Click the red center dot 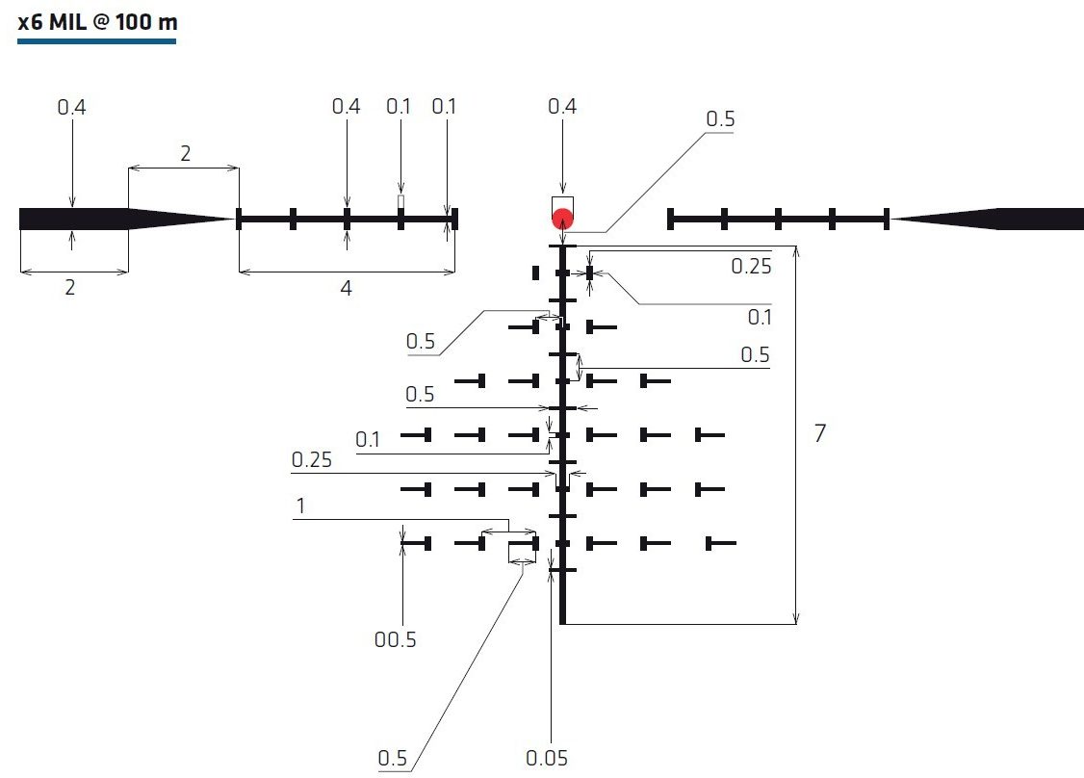(x=563, y=220)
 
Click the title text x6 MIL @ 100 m (x=97, y=22)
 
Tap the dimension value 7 (x=820, y=433)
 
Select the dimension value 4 (x=346, y=288)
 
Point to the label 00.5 (x=396, y=639)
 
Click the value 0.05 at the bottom (x=547, y=758)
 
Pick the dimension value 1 (x=300, y=506)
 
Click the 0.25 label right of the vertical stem (x=752, y=267)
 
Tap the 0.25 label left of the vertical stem (x=312, y=460)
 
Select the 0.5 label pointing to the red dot (x=720, y=119)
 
